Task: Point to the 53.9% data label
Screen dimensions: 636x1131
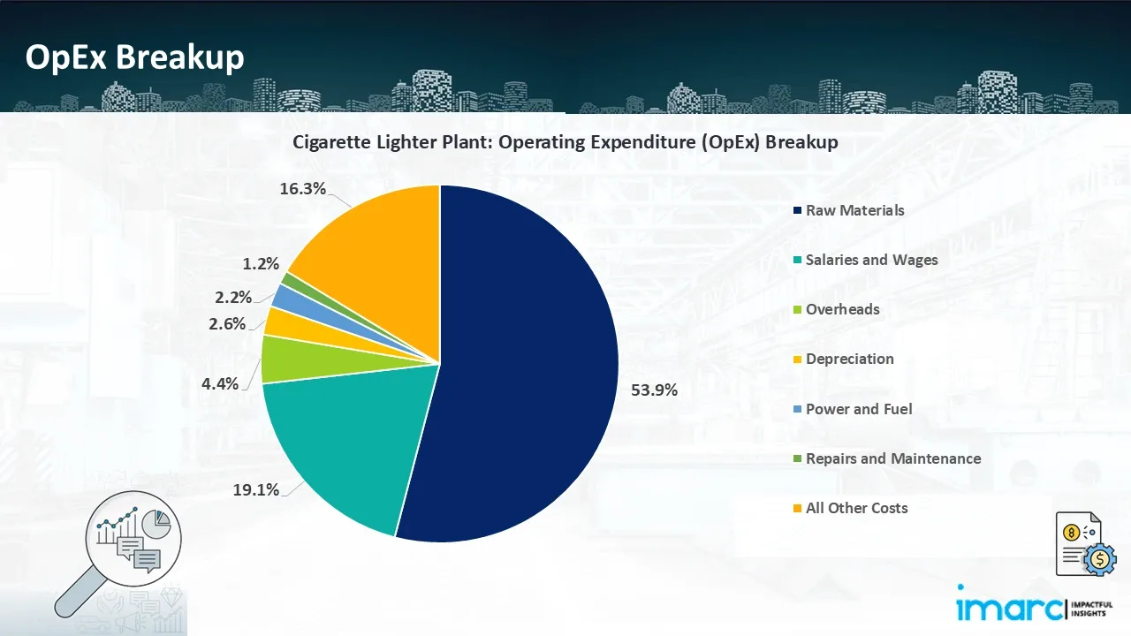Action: click(654, 390)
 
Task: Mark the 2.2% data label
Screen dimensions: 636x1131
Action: click(232, 297)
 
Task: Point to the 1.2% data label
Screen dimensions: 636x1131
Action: click(261, 263)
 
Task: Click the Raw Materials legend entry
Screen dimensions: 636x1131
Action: click(854, 210)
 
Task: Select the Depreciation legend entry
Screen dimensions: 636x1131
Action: click(849, 359)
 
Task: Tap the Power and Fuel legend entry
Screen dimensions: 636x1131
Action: click(858, 409)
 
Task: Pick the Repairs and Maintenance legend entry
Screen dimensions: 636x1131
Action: click(892, 458)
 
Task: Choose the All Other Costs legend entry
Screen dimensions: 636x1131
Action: click(856, 508)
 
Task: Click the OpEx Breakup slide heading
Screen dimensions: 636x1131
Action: click(134, 57)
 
